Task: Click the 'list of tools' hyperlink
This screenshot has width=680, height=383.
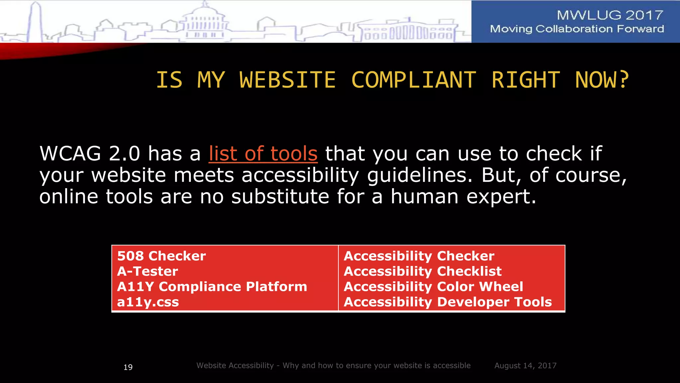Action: [263, 154]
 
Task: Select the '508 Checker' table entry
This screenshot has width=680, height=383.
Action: [161, 256]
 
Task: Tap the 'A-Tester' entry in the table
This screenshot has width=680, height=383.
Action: [147, 271]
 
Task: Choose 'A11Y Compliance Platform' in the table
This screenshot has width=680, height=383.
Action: [212, 287]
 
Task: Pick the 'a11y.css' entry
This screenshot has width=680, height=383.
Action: [148, 302]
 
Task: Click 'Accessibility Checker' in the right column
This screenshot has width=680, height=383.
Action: [419, 256]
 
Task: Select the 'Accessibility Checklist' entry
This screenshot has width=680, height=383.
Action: [423, 271]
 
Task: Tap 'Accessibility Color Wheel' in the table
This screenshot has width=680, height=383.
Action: [433, 287]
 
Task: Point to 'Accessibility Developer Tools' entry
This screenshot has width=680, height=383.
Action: [448, 302]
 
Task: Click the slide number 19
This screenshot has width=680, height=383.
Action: [128, 367]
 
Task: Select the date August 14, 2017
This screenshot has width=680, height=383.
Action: [525, 366]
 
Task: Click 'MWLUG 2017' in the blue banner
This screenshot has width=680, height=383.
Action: [610, 15]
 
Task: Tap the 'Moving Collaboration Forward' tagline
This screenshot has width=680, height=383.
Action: [577, 29]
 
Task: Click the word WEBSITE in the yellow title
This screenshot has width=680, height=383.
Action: [287, 80]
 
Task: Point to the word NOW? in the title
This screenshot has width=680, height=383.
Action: [602, 80]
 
